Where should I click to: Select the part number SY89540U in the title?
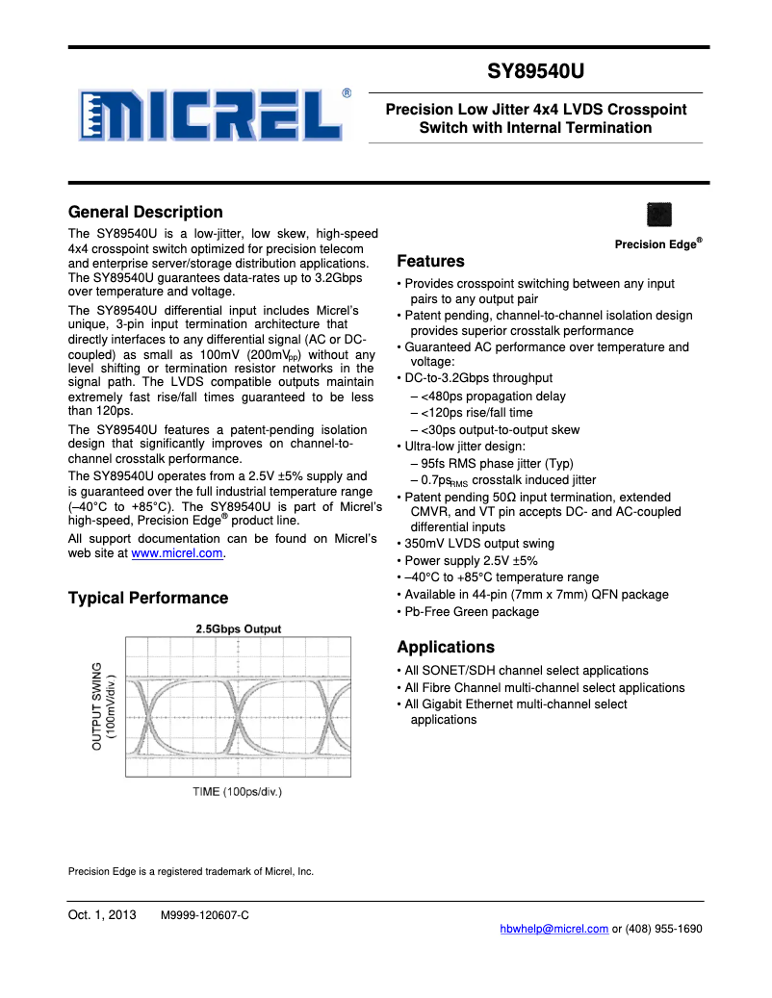[536, 72]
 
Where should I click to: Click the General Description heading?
[145, 213]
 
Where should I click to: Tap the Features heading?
[430, 262]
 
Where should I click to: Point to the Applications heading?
[446, 647]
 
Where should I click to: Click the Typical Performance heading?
[148, 599]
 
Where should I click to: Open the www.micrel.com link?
[177, 553]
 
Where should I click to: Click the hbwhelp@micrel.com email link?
[553, 929]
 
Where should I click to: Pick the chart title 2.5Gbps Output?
[239, 629]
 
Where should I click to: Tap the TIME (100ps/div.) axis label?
[238, 792]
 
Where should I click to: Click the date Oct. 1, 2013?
[102, 914]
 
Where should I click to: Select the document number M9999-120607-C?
[204, 915]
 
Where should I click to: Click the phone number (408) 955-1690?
[665, 929]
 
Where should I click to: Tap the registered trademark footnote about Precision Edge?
[191, 872]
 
